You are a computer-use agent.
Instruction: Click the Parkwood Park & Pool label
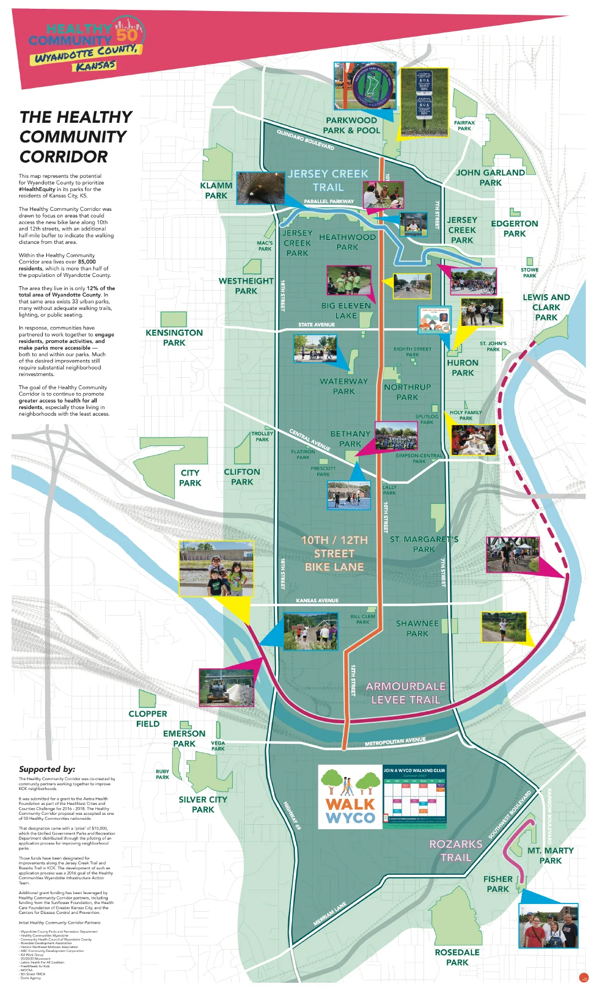click(351, 126)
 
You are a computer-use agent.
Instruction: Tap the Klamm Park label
click(216, 190)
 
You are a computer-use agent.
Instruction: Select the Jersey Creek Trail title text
click(328, 181)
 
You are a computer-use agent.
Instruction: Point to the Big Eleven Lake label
click(346, 311)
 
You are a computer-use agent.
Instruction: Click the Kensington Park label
click(174, 337)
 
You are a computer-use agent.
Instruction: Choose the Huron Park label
click(463, 368)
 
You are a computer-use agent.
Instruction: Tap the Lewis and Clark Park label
click(546, 307)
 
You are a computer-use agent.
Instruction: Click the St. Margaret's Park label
click(424, 544)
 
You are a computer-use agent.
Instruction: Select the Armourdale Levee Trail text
click(406, 693)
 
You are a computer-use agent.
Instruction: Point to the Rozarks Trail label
click(456, 851)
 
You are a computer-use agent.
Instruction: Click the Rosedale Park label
click(457, 957)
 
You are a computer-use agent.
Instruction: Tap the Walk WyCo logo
click(350, 797)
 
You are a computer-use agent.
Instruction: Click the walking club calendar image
click(415, 797)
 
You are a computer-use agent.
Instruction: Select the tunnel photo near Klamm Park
click(261, 188)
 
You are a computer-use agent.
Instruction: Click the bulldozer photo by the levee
click(227, 688)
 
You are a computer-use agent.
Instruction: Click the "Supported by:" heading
click(47, 769)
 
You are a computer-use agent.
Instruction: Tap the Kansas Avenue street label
click(317, 600)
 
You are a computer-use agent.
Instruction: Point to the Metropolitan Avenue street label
click(395, 742)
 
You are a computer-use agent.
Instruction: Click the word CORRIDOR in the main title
click(64, 157)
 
